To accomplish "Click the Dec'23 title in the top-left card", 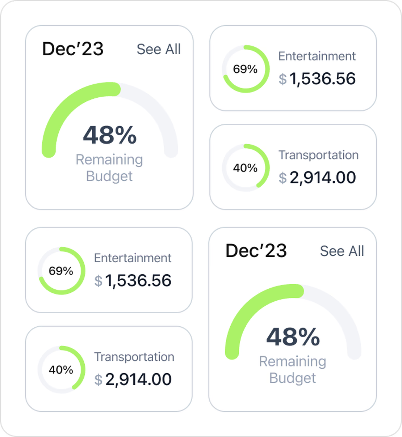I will point(73,49).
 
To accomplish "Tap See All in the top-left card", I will point(159,49).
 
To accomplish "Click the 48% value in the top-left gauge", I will point(110,135).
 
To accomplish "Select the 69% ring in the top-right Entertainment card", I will point(245,69).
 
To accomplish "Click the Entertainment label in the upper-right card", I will point(317,56).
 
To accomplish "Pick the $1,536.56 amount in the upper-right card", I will point(317,79).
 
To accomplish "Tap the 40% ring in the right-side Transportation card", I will point(245,168).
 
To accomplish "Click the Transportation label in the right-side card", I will point(318,155).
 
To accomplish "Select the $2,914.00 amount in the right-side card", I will point(317,178).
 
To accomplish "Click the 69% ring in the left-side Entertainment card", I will point(61,271).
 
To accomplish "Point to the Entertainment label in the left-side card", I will point(133,258).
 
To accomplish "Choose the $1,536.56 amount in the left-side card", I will point(133,281).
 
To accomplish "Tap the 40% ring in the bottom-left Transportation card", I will point(61,370).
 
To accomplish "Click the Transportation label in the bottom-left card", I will point(134,357).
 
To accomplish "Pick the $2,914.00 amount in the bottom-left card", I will point(133,379).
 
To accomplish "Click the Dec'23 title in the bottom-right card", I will point(256,251).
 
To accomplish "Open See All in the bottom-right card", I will point(342,251).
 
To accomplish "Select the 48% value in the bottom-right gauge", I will point(293,337).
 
